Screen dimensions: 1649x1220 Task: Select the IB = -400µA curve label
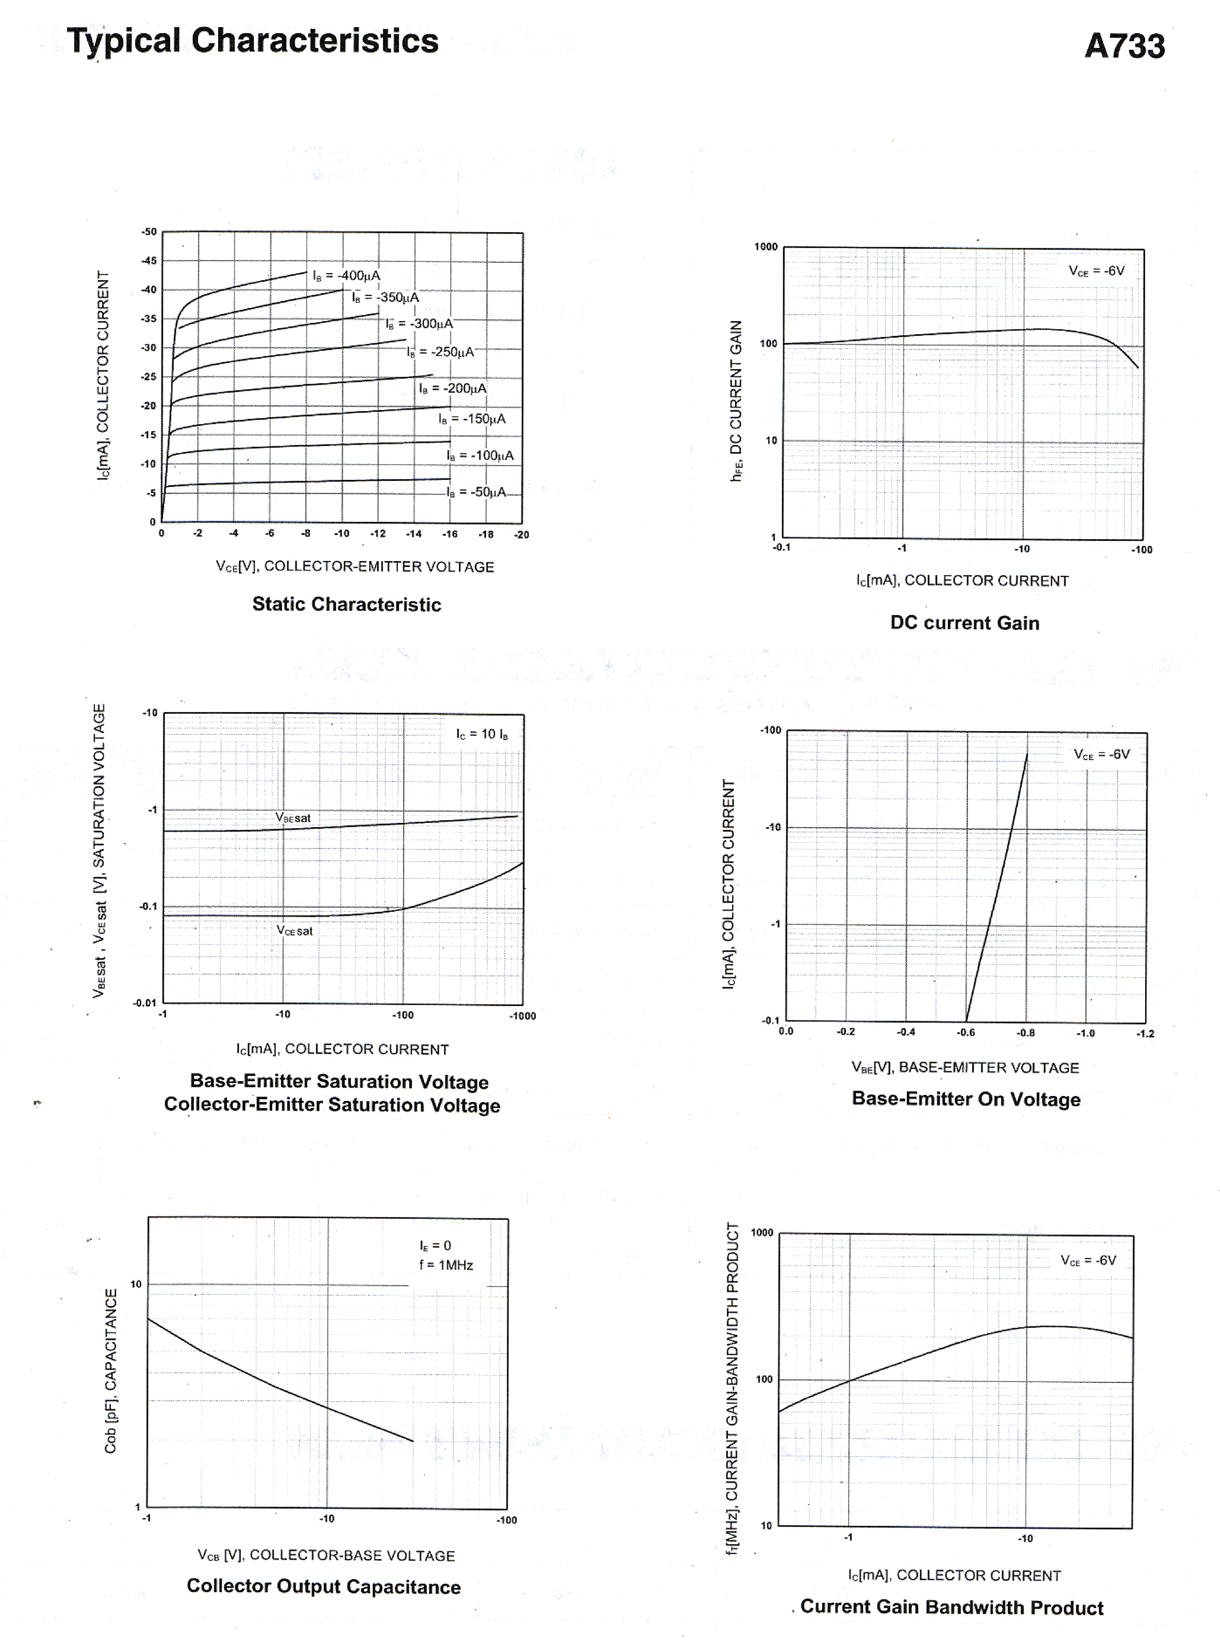(346, 276)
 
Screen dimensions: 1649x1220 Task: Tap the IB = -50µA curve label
(476, 492)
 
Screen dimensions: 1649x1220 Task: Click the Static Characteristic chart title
(346, 605)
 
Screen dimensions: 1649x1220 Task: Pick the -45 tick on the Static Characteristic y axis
(149, 261)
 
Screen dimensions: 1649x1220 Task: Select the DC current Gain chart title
(964, 623)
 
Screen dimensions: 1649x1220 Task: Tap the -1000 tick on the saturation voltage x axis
(522, 1016)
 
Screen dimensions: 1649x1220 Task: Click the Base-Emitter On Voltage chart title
(966, 1099)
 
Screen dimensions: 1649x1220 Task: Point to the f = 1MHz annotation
(446, 1265)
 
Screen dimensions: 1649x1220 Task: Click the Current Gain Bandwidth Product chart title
(951, 1608)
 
